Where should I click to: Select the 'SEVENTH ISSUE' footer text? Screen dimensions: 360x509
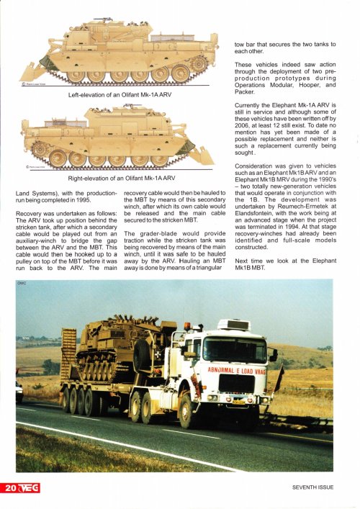312,487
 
